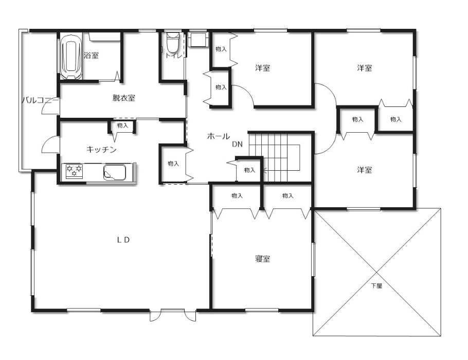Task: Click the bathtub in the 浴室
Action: point(71,57)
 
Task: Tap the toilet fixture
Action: point(172,42)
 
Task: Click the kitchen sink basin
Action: point(114,172)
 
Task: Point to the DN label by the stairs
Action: point(238,144)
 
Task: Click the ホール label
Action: point(219,136)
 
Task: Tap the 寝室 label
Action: point(263,259)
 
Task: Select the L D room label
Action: point(123,240)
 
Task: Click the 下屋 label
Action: point(376,285)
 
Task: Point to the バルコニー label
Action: point(40,100)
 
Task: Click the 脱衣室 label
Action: point(124,98)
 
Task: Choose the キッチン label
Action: point(101,149)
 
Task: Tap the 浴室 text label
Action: point(92,55)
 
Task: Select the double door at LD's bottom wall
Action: point(173,315)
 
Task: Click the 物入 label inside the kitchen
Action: point(123,125)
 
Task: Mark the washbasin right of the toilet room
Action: point(197,40)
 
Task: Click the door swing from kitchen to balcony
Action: point(50,145)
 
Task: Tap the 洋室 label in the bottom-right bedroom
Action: point(365,170)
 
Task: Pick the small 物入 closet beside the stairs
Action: point(249,170)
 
